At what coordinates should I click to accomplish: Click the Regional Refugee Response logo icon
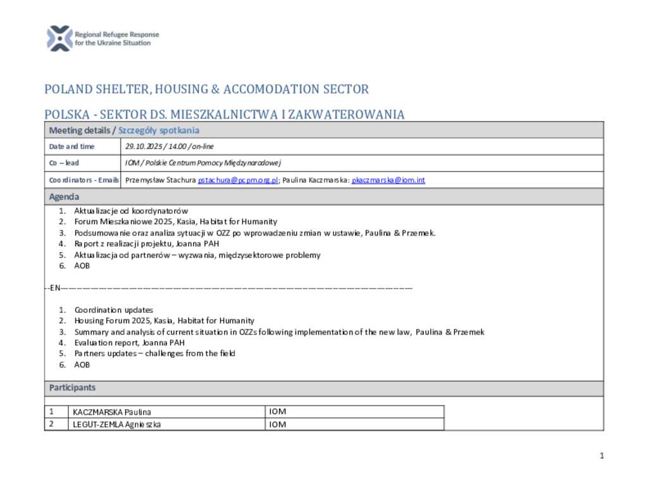click(x=59, y=39)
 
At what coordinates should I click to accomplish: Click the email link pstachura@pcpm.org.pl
click(x=238, y=181)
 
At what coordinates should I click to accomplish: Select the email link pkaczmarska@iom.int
click(x=389, y=181)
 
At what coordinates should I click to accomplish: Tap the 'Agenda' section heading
click(x=64, y=197)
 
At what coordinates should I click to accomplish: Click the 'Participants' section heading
click(x=72, y=388)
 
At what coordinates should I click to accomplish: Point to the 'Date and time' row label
click(x=72, y=147)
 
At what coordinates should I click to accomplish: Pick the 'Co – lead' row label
click(x=64, y=163)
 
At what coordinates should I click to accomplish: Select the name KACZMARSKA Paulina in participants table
click(x=112, y=412)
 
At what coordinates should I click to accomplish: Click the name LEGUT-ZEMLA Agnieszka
click(x=116, y=425)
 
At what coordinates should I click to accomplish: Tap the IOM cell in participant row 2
click(x=278, y=425)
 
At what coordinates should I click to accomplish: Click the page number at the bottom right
click(x=602, y=456)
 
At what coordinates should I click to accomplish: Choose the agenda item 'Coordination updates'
click(x=114, y=310)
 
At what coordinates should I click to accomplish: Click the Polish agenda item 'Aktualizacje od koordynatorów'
click(x=131, y=211)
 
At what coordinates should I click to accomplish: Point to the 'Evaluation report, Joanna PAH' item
click(x=130, y=343)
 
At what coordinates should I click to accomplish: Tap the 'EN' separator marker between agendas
click(x=54, y=288)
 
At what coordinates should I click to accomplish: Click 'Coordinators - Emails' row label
click(x=84, y=181)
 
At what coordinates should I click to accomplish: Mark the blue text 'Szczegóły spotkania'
click(x=159, y=130)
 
